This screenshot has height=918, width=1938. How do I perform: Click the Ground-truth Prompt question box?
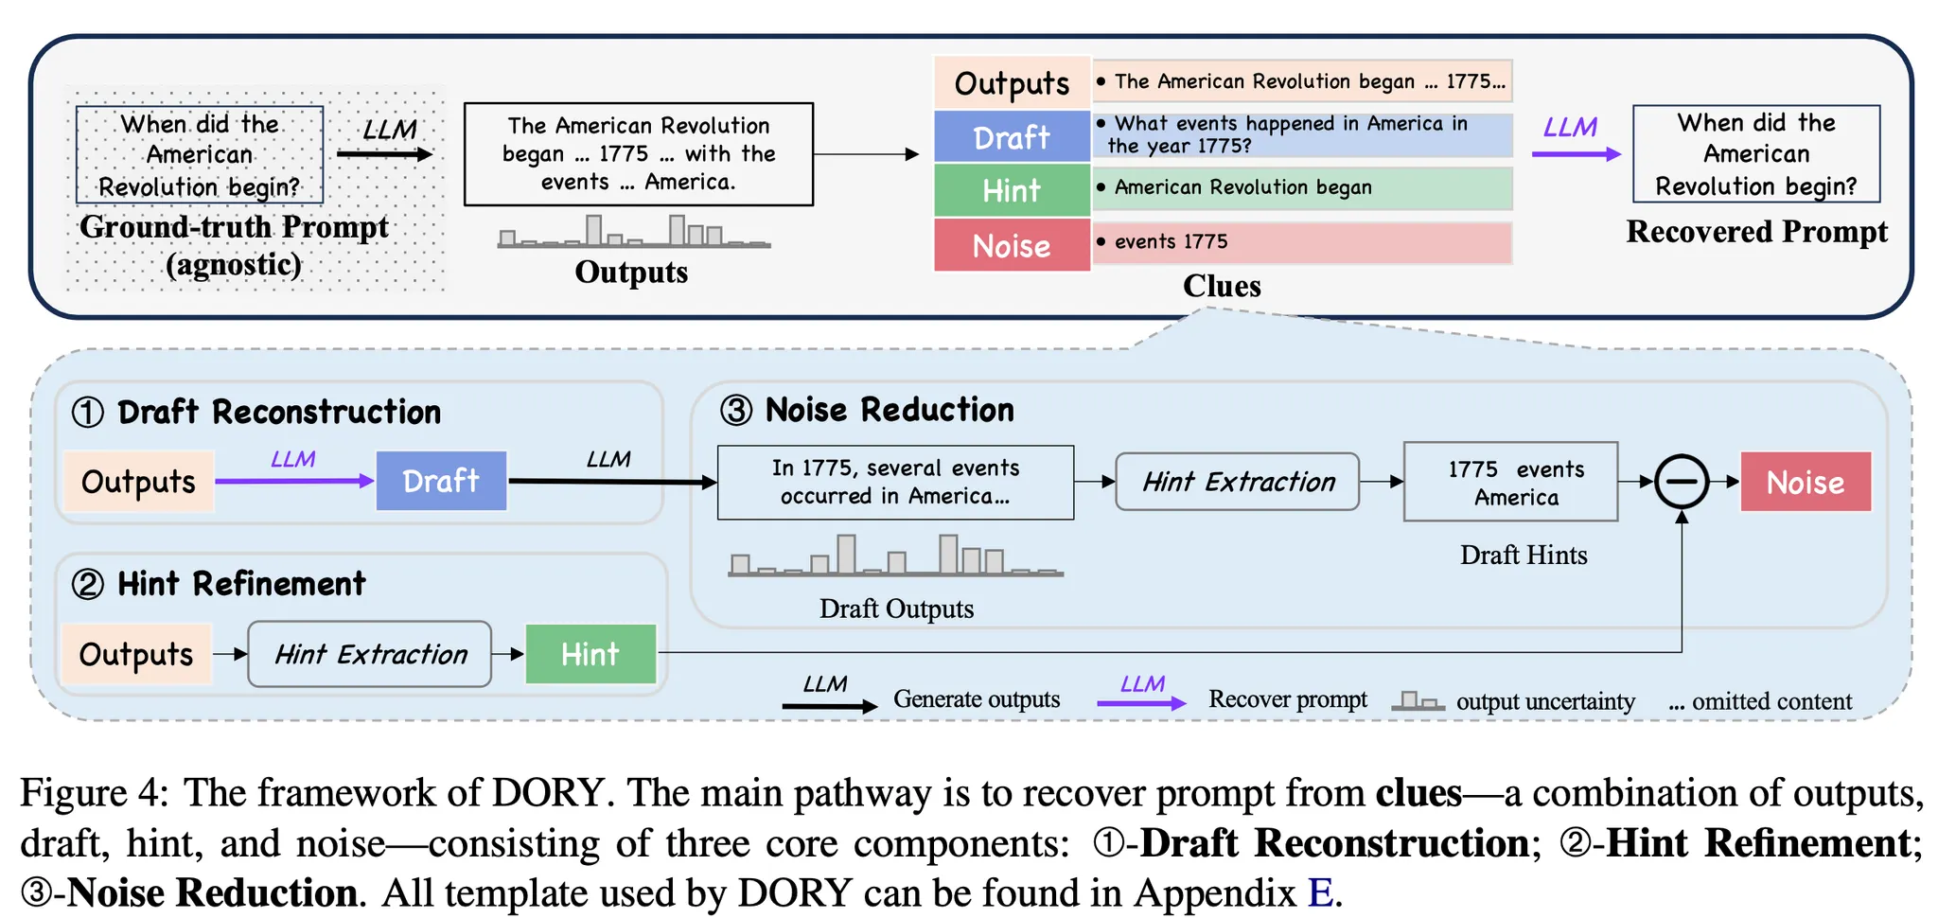pyautogui.click(x=200, y=154)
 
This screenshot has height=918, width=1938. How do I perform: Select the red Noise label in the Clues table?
pyautogui.click(x=1012, y=245)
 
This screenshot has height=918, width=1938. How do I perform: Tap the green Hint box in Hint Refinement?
pyautogui.click(x=590, y=654)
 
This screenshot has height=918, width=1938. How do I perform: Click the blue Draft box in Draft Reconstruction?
pyautogui.click(x=441, y=481)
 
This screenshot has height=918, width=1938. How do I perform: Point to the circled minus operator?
pyautogui.click(x=1682, y=482)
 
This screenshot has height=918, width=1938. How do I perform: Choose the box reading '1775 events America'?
pyautogui.click(x=1510, y=483)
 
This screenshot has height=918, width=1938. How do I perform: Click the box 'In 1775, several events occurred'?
pyautogui.click(x=895, y=483)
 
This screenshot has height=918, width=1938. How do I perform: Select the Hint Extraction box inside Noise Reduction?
pyautogui.click(x=1238, y=482)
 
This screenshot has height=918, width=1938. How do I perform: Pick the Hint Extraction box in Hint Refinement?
pyautogui.click(x=370, y=654)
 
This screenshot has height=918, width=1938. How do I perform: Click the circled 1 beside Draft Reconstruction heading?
pyautogui.click(x=88, y=413)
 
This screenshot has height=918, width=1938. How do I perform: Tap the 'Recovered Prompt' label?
pyautogui.click(x=1756, y=232)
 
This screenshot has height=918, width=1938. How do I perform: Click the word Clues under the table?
pyautogui.click(x=1222, y=286)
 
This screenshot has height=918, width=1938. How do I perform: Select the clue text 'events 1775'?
pyautogui.click(x=1171, y=242)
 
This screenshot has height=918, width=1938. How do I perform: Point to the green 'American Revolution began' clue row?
pyautogui.click(x=1302, y=188)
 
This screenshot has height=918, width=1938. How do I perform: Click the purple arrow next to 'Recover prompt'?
pyautogui.click(x=1140, y=703)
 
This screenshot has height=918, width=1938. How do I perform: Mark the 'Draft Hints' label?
pyautogui.click(x=1523, y=555)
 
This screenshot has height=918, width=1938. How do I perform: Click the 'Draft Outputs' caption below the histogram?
pyautogui.click(x=896, y=609)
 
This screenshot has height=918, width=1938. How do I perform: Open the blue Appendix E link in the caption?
pyautogui.click(x=1320, y=892)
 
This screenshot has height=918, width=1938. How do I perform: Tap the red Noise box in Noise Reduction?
pyautogui.click(x=1806, y=483)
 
